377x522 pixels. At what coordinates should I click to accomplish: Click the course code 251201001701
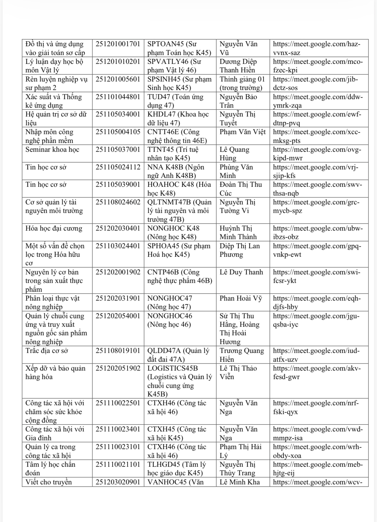[x=118, y=44]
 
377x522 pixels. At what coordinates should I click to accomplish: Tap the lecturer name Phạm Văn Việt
[x=243, y=132]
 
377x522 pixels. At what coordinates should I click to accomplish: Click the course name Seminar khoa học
[x=52, y=149]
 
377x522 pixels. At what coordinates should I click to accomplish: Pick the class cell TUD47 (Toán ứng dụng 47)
[x=175, y=101]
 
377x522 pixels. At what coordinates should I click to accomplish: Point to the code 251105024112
[x=118, y=167]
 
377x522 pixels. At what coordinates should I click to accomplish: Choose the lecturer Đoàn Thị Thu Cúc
[x=241, y=189]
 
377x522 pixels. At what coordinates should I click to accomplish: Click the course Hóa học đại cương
[x=54, y=228]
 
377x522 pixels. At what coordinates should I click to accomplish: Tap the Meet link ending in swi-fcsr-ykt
[x=317, y=276]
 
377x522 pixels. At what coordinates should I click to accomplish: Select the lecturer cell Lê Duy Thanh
[x=241, y=272]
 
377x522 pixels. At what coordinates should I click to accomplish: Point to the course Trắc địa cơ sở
[x=47, y=351]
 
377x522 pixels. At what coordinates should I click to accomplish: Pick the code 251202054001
[x=118, y=316]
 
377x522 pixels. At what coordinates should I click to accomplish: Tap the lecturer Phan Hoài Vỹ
[x=241, y=298]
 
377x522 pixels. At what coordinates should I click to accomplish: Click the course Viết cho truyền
[x=48, y=482]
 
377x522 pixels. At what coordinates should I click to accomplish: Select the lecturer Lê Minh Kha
[x=240, y=482]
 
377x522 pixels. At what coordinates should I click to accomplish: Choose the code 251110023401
[x=118, y=429]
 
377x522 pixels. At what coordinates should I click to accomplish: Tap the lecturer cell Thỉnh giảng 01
[x=242, y=83]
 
